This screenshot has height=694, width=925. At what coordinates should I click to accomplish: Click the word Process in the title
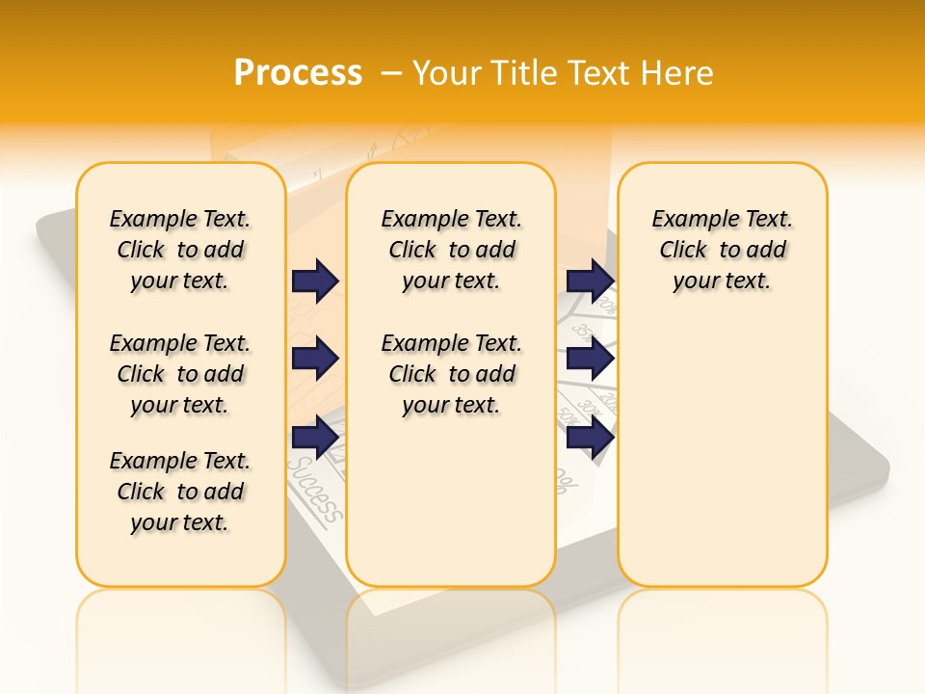click(298, 73)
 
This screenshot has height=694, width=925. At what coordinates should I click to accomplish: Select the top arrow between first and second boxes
click(315, 280)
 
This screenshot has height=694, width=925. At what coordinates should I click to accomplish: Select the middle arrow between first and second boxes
click(315, 359)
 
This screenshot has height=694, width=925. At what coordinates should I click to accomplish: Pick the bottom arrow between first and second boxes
click(315, 437)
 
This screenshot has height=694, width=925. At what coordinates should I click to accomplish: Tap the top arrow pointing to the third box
click(590, 280)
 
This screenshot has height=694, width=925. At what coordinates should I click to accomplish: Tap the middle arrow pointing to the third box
click(590, 359)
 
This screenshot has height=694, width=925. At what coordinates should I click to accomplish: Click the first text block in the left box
click(180, 250)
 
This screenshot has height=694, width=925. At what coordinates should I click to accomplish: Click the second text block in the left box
click(180, 374)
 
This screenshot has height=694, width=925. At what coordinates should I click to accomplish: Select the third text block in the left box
click(180, 492)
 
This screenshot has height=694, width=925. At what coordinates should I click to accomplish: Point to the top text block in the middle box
click(451, 250)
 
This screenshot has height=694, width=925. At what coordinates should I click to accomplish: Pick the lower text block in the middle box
click(451, 374)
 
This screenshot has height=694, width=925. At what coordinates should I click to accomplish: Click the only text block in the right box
click(722, 250)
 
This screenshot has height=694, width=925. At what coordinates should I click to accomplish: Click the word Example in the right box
click(688, 220)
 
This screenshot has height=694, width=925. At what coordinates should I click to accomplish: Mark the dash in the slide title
click(390, 73)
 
